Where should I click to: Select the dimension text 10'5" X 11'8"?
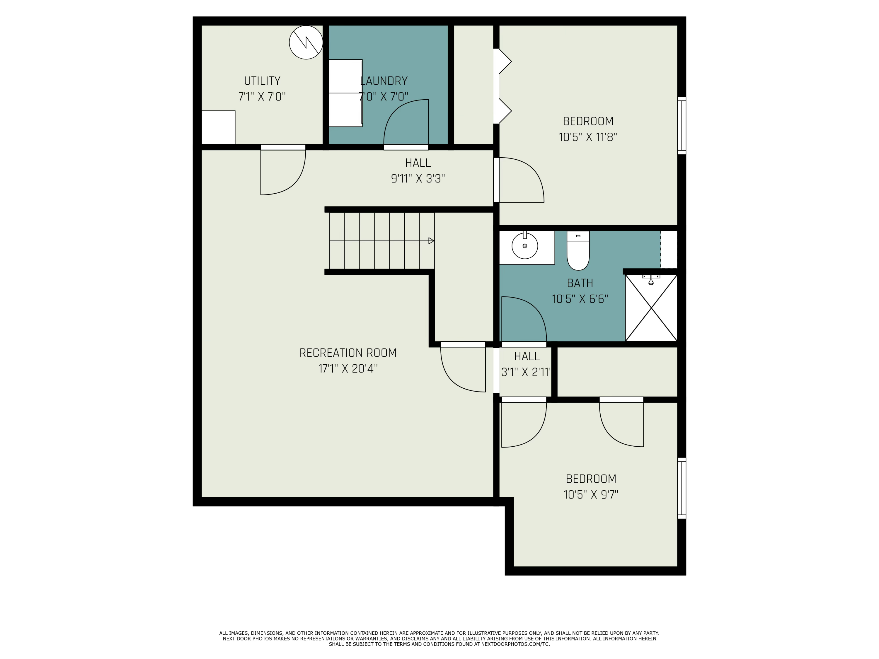click(x=588, y=137)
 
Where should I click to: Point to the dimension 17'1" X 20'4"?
click(x=348, y=369)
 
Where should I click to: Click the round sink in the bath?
click(x=524, y=246)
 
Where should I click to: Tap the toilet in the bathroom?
click(x=578, y=251)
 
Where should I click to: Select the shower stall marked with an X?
click(x=651, y=308)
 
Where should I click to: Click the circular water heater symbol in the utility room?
click(x=306, y=42)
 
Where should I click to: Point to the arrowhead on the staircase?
click(x=431, y=241)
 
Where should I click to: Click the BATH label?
click(x=580, y=283)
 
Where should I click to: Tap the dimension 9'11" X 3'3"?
click(x=418, y=179)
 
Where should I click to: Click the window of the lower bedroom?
click(x=682, y=488)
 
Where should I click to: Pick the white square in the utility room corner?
click(x=218, y=127)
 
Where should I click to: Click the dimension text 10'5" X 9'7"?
click(x=590, y=495)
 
